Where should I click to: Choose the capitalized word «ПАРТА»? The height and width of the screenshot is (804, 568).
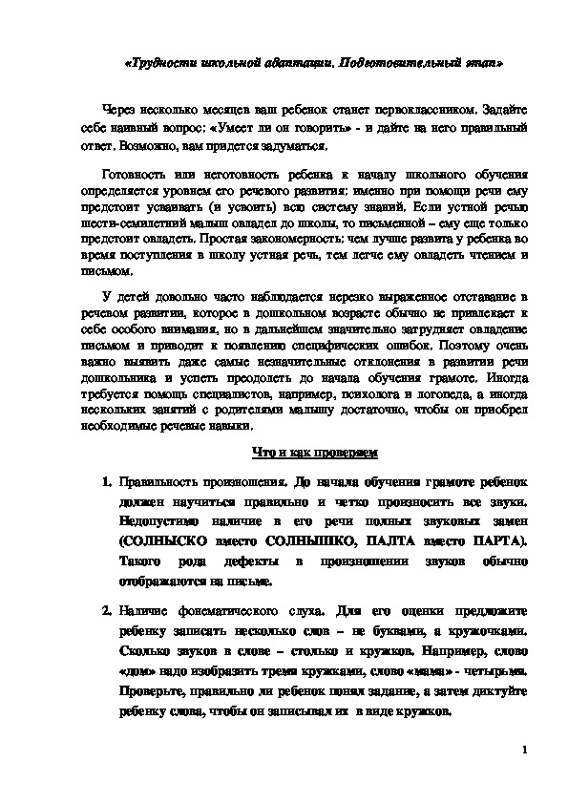pyautogui.click(x=497, y=541)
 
